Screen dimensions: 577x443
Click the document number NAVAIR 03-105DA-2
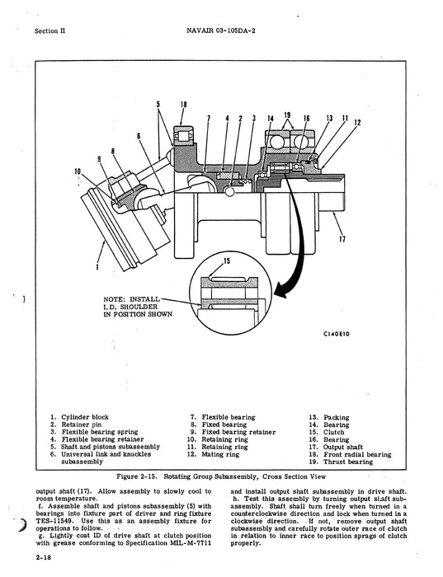(x=221, y=32)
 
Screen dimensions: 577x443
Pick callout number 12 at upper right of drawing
(x=357, y=123)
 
